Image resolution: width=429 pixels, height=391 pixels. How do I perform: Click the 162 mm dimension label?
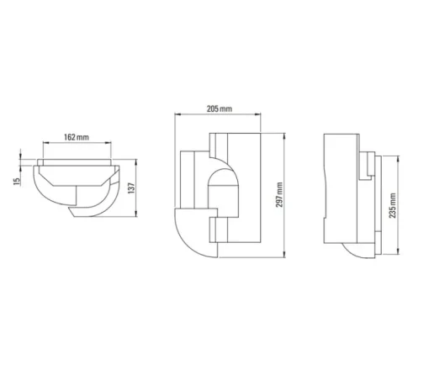(x=77, y=137)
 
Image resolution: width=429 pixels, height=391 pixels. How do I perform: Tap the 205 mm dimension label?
(x=220, y=108)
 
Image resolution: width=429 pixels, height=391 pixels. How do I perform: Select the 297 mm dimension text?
(x=279, y=195)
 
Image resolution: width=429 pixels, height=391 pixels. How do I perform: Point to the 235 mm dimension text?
(x=393, y=205)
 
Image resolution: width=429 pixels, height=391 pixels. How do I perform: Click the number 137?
(x=131, y=188)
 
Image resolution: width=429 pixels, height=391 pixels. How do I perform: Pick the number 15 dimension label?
(x=17, y=182)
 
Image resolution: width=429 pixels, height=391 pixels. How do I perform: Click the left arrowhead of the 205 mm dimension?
(x=177, y=114)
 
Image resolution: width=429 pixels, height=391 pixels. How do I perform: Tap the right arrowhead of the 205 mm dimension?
(x=257, y=114)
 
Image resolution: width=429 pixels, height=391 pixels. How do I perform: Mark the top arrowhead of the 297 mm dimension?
(x=284, y=136)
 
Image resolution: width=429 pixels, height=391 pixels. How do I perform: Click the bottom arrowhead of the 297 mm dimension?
(x=284, y=254)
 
